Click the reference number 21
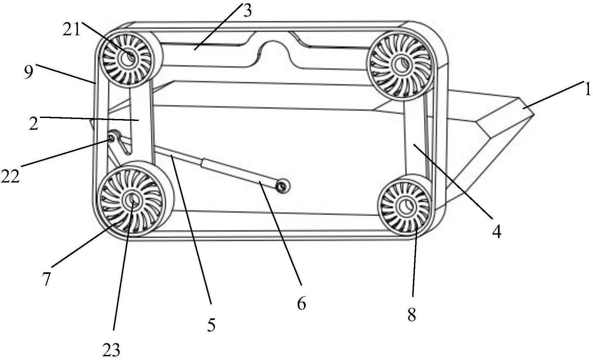click(71, 30)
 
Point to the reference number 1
click(587, 90)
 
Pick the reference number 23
click(111, 351)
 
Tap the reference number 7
click(46, 279)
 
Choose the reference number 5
click(211, 325)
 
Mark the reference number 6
click(301, 304)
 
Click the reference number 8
click(412, 315)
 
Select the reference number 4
click(497, 231)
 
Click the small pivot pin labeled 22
click(111, 138)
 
